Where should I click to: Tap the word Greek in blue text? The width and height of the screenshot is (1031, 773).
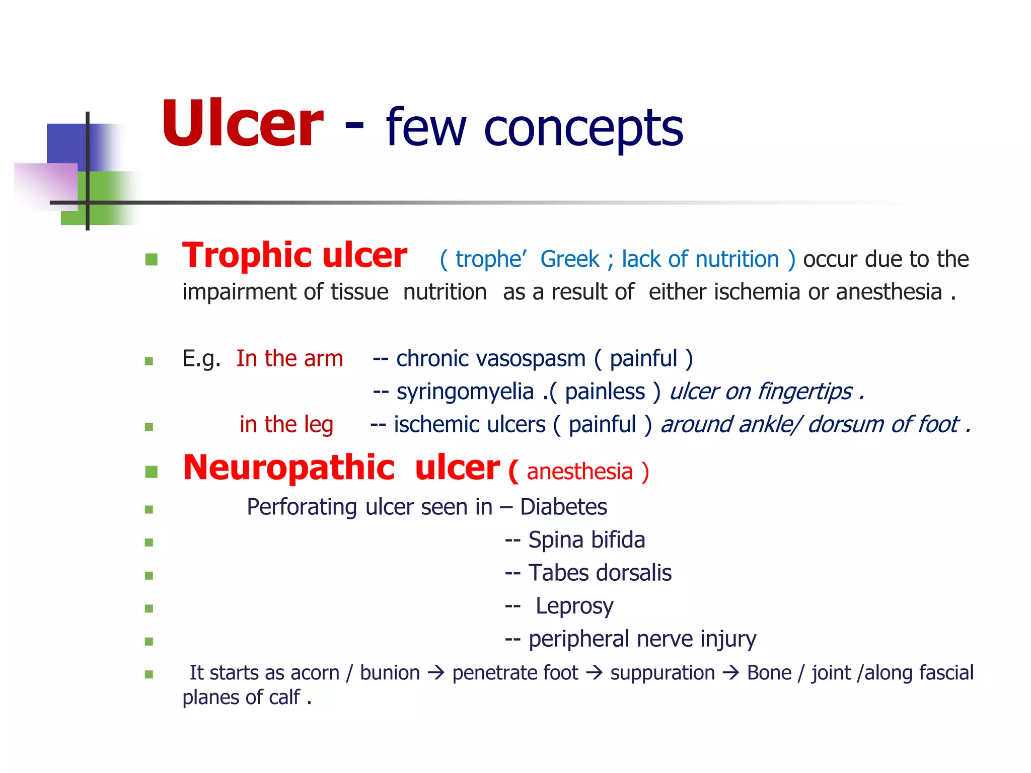coord(569,260)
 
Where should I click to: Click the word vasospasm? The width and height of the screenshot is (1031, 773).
coord(491,359)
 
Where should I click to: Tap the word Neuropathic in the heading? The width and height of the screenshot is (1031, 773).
coord(288,468)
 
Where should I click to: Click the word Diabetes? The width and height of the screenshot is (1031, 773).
coord(563,507)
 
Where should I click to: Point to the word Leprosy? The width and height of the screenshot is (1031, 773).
coord(574,606)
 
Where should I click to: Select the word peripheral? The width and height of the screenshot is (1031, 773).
coord(579,640)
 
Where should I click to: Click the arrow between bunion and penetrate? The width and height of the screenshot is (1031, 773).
coord(436,673)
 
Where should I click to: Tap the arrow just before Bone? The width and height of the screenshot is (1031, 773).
coord(730,673)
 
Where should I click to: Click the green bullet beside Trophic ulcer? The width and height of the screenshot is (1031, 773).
coord(151,260)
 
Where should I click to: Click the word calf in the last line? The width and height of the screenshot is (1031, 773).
coord(284,698)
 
